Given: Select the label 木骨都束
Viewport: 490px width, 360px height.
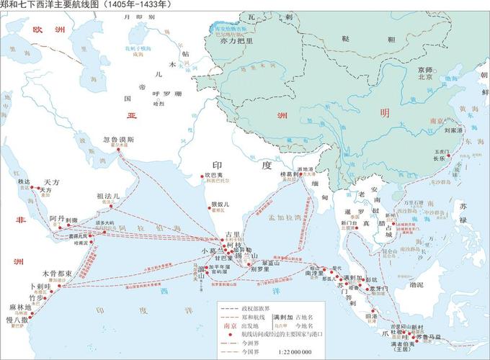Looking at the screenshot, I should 56,274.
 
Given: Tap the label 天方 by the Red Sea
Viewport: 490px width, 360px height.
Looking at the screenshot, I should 50,182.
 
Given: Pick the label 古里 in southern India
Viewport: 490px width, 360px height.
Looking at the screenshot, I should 233,235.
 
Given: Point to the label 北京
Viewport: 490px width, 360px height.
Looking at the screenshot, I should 425,76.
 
